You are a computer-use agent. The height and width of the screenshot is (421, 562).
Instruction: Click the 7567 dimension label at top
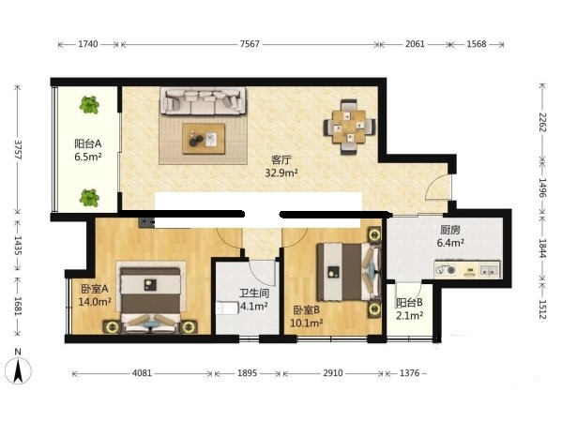click(x=250, y=44)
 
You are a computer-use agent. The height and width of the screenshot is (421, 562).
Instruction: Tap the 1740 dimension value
click(x=88, y=44)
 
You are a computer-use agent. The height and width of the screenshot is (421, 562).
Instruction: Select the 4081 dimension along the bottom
click(x=142, y=373)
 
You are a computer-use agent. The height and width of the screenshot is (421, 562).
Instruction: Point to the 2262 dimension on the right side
click(x=542, y=122)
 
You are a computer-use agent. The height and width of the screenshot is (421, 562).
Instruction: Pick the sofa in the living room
click(x=203, y=100)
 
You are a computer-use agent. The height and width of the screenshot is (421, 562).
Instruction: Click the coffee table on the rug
click(x=204, y=139)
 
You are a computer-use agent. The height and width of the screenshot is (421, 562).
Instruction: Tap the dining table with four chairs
click(x=349, y=127)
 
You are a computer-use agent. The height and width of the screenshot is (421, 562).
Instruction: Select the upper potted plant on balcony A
click(x=89, y=105)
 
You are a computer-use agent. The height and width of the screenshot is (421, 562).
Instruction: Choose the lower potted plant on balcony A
click(x=89, y=198)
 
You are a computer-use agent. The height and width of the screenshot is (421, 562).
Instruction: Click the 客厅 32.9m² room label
click(x=281, y=166)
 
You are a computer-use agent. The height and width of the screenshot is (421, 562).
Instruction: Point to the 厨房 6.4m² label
click(x=450, y=236)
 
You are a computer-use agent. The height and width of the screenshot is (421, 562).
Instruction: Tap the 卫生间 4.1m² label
click(x=253, y=300)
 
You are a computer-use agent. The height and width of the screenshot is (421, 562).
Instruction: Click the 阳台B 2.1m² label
click(x=409, y=308)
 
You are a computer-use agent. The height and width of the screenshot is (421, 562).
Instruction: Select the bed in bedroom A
click(x=150, y=299)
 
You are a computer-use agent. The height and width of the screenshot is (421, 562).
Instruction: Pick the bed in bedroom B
click(x=348, y=272)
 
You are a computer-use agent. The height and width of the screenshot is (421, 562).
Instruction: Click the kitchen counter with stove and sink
click(x=467, y=270)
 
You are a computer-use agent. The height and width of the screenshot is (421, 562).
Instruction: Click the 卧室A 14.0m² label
click(x=95, y=295)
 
